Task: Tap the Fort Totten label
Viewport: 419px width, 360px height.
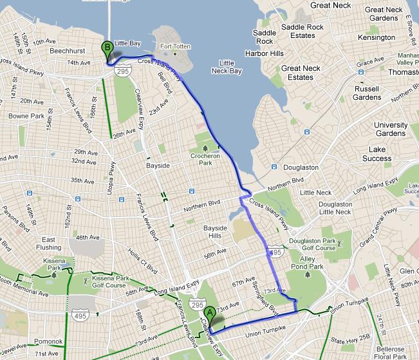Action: (x=176, y=46)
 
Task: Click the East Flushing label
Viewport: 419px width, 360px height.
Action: (x=48, y=243)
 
